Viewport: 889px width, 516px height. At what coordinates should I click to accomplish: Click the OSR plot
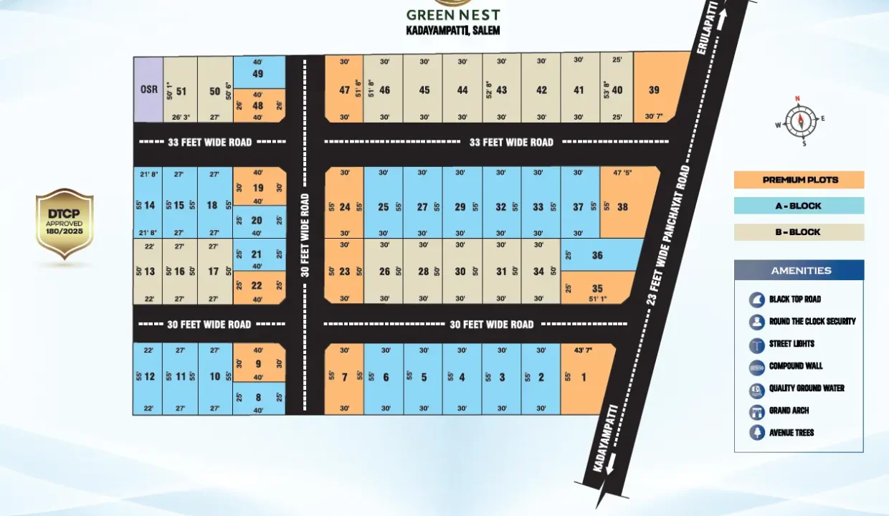(x=148, y=90)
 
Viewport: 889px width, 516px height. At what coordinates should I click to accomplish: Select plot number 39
(x=653, y=90)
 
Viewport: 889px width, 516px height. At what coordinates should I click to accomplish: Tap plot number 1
(x=584, y=378)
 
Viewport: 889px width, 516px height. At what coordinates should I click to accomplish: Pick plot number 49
(x=258, y=73)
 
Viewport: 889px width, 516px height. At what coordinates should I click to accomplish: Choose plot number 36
(x=597, y=255)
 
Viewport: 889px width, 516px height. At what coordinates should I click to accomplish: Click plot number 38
(x=622, y=207)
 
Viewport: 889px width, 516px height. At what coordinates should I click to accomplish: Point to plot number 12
(x=149, y=377)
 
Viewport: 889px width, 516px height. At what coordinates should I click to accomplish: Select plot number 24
(x=345, y=207)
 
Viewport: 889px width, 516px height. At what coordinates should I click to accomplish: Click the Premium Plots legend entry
(x=799, y=180)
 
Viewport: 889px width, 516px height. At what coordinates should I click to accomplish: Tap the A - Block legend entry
(x=799, y=206)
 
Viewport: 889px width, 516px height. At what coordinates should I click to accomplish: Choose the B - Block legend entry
(x=799, y=232)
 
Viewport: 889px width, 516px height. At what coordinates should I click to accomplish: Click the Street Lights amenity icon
(x=757, y=344)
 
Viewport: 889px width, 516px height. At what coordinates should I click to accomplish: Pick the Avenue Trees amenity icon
(x=757, y=433)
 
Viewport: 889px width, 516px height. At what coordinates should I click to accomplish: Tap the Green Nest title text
(x=452, y=15)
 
